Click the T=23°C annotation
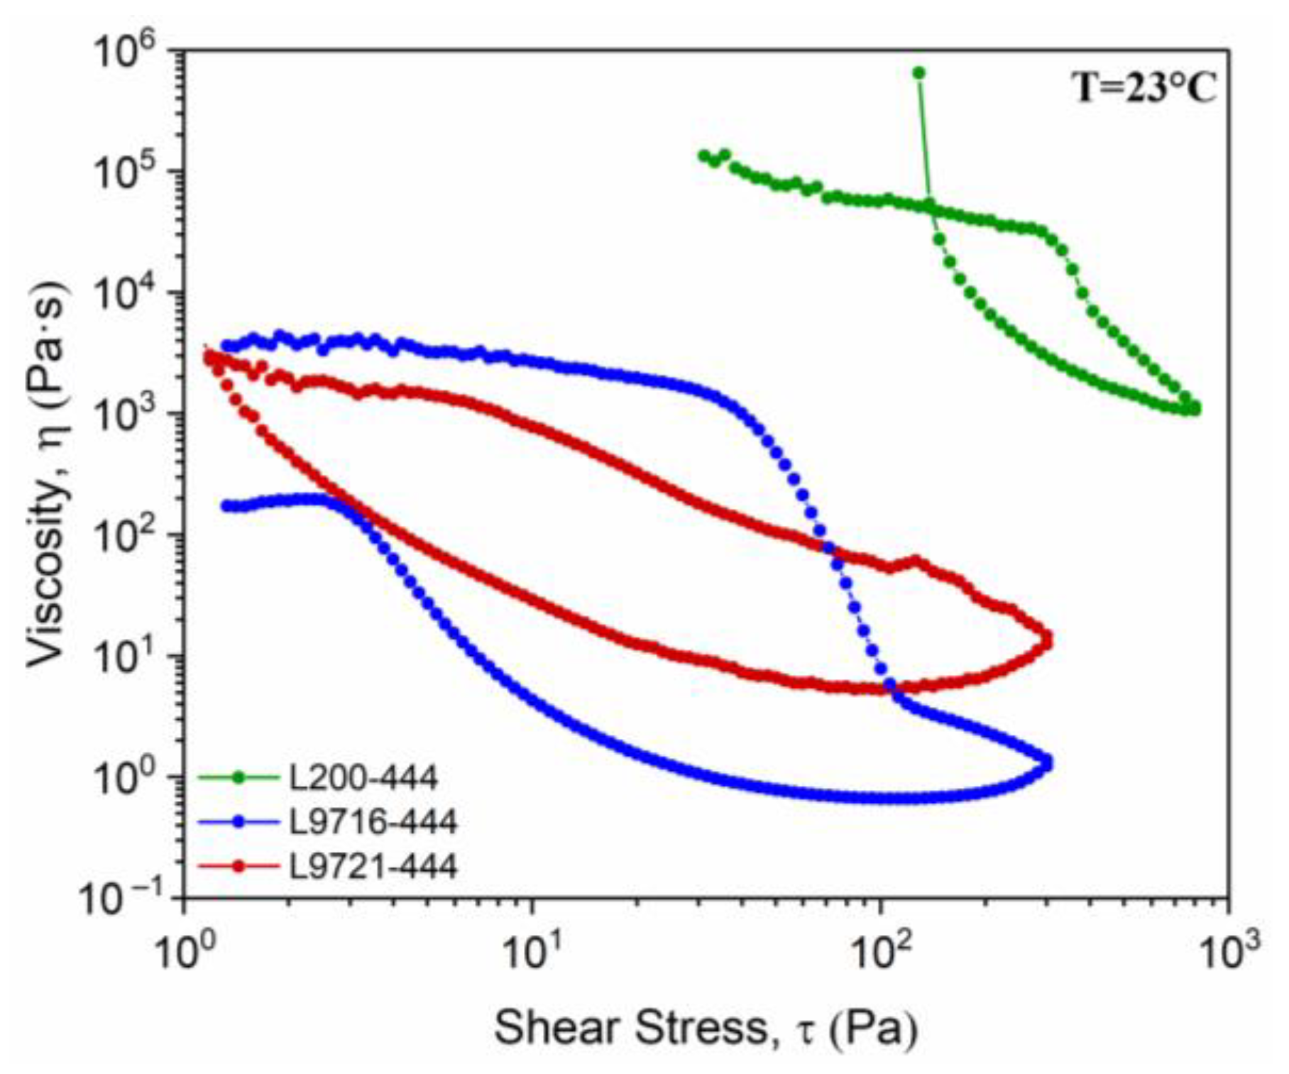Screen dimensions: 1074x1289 [x=1144, y=89]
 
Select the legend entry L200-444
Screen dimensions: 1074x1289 [x=362, y=778]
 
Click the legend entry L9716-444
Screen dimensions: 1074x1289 [x=372, y=822]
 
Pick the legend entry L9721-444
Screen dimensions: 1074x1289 [x=372, y=866]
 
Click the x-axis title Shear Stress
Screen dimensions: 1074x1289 [x=706, y=1027]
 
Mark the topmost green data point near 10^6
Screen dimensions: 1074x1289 [x=918, y=72]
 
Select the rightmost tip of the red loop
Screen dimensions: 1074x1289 [x=1046, y=640]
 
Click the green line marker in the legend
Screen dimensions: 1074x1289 [x=238, y=778]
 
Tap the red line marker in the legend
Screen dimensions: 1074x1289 [x=238, y=866]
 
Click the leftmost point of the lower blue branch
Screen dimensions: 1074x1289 [x=226, y=506]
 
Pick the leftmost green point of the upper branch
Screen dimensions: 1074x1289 [x=703, y=155]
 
